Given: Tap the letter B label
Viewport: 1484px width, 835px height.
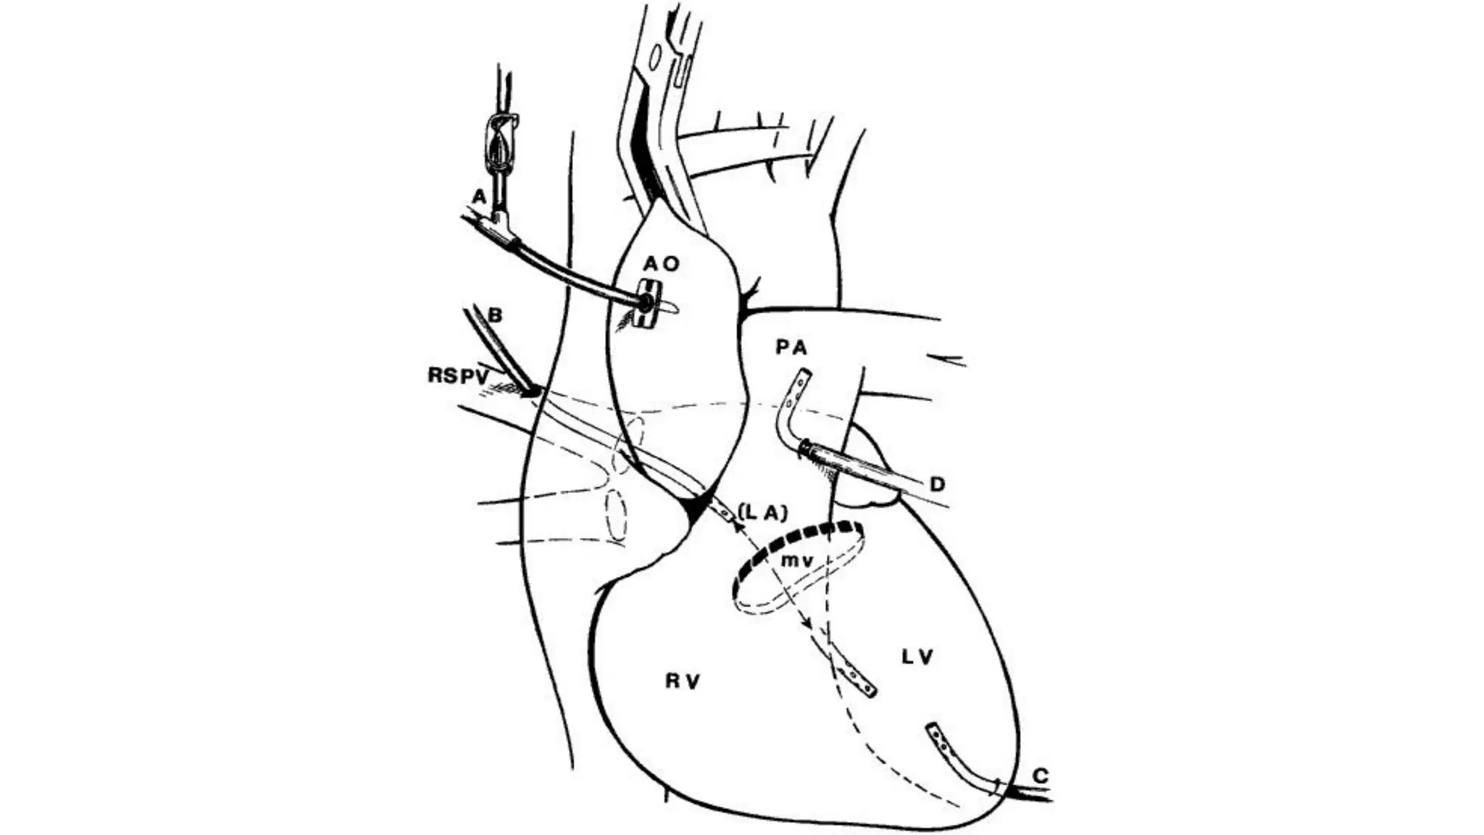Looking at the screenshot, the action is tap(496, 315).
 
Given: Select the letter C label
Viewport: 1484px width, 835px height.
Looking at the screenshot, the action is tap(1040, 776).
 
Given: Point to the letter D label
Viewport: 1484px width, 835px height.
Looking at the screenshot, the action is tap(938, 483).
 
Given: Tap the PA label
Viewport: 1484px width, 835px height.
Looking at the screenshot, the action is tap(791, 348).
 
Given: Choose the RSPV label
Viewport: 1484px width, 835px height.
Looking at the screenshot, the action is tap(458, 375).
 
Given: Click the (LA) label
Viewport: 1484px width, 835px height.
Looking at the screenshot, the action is tap(762, 512).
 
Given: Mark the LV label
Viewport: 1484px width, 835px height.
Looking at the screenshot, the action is tap(918, 657).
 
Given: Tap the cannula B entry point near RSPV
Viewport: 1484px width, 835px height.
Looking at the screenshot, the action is tap(533, 391).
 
